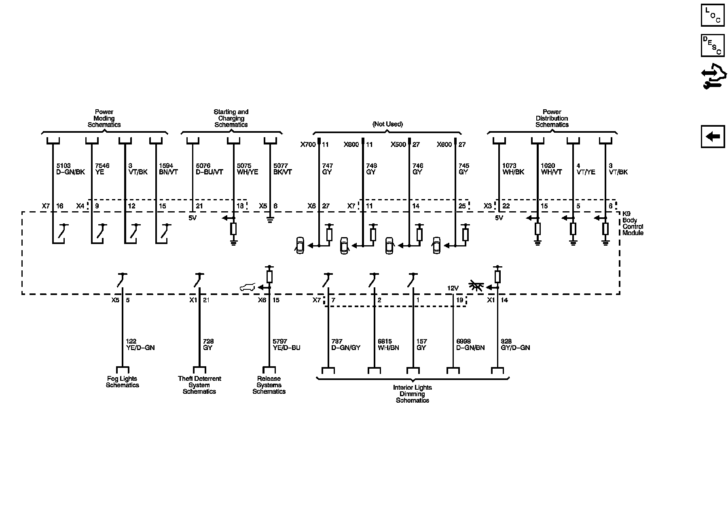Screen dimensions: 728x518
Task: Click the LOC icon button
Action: click(x=712, y=15)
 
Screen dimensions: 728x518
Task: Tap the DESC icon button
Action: click(x=712, y=45)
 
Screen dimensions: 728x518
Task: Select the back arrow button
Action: click(x=712, y=136)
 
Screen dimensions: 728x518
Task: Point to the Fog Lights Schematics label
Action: click(x=122, y=382)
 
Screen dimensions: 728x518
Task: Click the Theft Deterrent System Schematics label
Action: click(x=199, y=385)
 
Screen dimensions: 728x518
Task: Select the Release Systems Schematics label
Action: click(x=269, y=385)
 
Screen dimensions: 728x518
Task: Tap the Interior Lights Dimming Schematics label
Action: click(x=412, y=394)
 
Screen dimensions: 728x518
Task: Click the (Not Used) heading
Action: click(x=387, y=124)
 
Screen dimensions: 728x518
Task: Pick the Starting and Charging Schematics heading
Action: click(x=231, y=118)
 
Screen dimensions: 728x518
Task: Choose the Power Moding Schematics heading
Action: click(x=104, y=118)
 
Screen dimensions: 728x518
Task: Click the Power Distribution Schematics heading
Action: click(x=552, y=118)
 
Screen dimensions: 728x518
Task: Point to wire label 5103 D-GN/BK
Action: click(x=70, y=169)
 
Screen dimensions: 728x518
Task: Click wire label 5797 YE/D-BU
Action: click(x=286, y=344)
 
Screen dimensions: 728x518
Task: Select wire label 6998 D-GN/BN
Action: click(x=470, y=344)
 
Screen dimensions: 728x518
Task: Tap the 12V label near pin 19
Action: click(x=453, y=288)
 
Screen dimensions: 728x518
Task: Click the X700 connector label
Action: click(x=308, y=144)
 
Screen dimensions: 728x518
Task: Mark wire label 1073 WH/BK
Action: click(x=513, y=169)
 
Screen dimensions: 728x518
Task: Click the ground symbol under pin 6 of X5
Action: click(x=270, y=221)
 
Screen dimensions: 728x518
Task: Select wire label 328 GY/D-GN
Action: click(x=515, y=344)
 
